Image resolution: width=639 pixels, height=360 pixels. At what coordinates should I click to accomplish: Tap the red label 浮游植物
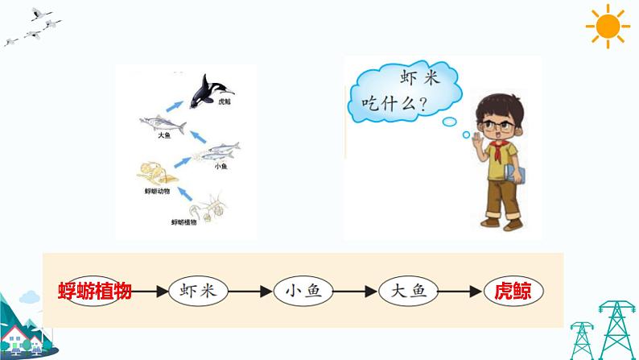coord(94,291)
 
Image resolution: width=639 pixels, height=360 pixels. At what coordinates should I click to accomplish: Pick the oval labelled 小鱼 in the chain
coord(303,291)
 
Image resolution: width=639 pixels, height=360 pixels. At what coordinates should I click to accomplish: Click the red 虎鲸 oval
coord(513,291)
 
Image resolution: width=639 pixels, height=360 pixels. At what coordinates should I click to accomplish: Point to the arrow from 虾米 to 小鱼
coord(251,291)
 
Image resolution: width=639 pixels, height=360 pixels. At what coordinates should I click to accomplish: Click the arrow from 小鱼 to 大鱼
coord(356,291)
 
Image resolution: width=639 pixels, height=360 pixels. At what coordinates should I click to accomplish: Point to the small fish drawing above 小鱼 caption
coord(221,151)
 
